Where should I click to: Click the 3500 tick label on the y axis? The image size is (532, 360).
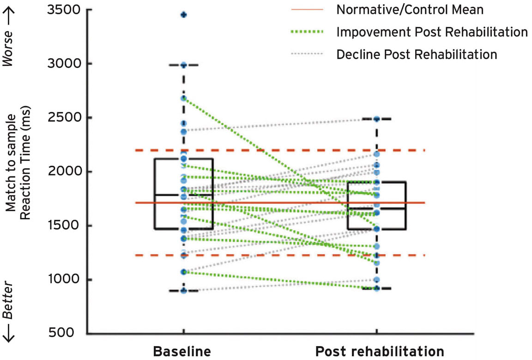[x=64, y=10]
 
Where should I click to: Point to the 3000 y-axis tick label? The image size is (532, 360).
[x=64, y=64]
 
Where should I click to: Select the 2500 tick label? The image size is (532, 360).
[x=64, y=118]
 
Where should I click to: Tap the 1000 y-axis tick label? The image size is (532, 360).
[x=64, y=280]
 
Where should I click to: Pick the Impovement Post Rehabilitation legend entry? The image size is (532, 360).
[x=432, y=32]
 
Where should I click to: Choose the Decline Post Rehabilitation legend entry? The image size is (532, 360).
[x=417, y=54]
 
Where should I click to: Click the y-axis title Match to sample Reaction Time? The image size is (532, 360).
[x=18, y=172]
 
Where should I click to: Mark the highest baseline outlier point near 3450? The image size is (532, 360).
[x=184, y=15]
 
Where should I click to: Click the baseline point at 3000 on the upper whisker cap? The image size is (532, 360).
[x=184, y=65]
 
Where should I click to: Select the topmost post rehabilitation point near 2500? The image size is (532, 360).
[x=377, y=119]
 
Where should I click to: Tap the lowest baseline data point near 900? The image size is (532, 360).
[x=184, y=291]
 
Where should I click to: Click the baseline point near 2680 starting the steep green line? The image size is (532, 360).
[x=184, y=98]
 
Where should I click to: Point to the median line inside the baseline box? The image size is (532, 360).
[x=184, y=195]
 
